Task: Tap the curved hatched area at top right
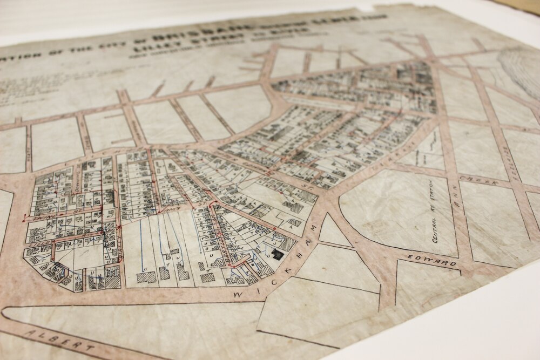[521, 70]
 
